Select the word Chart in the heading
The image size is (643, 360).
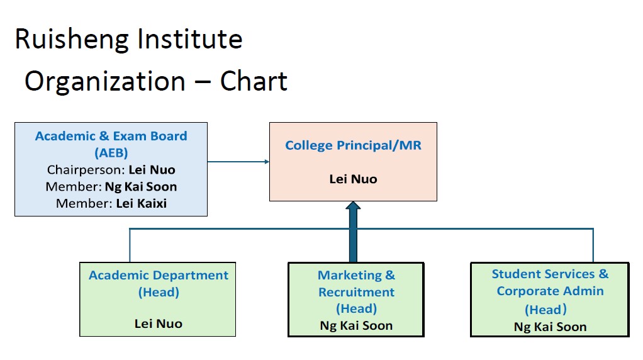click(254, 82)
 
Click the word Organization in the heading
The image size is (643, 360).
click(105, 82)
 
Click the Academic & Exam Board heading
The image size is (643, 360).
click(111, 136)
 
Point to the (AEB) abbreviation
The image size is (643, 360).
click(111, 153)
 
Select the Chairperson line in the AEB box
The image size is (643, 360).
click(111, 170)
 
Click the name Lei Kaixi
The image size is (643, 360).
click(142, 203)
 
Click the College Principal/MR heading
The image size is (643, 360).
click(353, 145)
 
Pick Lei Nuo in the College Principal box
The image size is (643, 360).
click(353, 179)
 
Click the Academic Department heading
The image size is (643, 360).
click(159, 276)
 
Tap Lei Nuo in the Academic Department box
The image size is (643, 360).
click(158, 324)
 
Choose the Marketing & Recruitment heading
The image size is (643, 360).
click(356, 284)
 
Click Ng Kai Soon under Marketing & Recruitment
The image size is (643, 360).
click(356, 325)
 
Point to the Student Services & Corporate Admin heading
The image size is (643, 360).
click(550, 283)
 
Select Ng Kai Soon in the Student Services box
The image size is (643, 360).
click(550, 327)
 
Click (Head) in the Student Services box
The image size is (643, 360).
click(546, 310)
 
